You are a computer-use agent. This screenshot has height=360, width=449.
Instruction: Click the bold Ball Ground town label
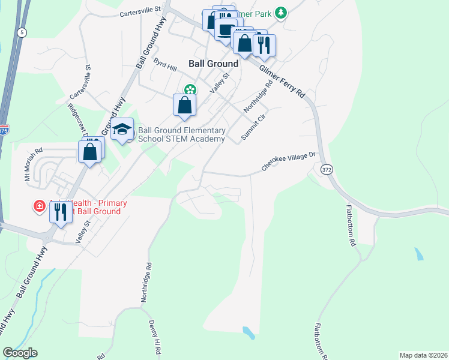[213, 63]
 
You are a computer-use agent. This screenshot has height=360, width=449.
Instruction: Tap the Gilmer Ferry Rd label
[283, 82]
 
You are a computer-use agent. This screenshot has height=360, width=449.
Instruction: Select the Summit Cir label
[253, 126]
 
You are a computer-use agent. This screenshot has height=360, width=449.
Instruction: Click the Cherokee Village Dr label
[289, 161]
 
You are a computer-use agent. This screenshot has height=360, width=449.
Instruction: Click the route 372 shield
[326, 170]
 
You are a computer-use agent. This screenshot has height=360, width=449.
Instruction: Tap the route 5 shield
[22, 32]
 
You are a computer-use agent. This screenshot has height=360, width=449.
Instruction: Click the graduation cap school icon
[122, 130]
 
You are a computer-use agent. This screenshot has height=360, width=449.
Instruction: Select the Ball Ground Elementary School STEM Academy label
[181, 134]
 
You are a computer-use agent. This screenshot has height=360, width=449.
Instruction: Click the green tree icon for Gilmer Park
[281, 13]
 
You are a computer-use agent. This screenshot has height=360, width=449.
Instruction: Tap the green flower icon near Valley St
[190, 90]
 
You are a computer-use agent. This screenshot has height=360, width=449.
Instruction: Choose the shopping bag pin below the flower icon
[185, 105]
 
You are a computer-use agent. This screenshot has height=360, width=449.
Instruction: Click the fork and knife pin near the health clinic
[60, 212]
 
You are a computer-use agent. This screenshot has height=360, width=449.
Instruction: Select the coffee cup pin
[226, 29]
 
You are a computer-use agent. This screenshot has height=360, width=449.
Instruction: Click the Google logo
[20, 353]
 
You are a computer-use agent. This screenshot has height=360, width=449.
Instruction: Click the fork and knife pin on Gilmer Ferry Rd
[264, 44]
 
